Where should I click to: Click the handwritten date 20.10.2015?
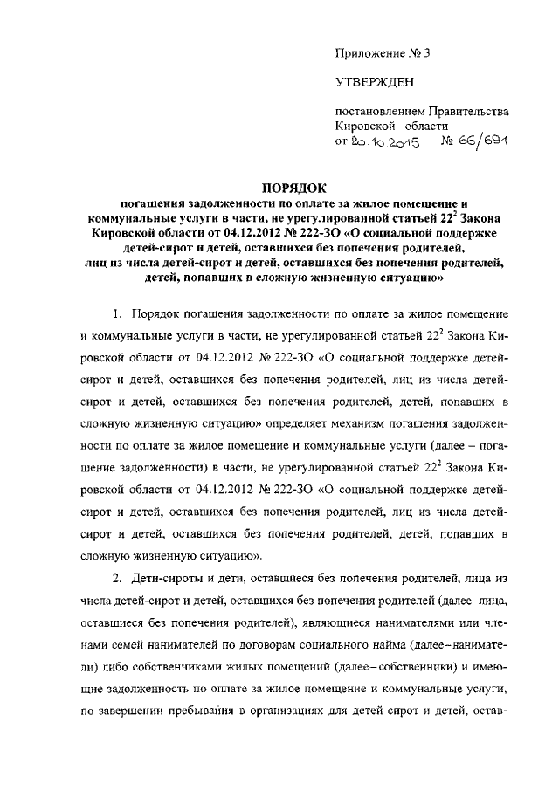[385, 141]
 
